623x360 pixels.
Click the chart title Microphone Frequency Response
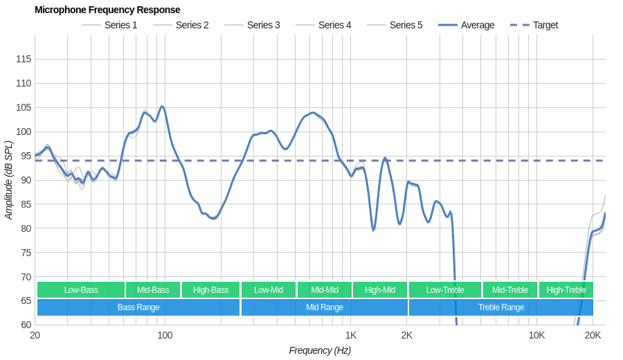(107, 10)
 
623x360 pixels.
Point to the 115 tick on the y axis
(24, 59)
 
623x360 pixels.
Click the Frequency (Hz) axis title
(320, 350)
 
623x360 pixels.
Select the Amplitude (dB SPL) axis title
(8, 180)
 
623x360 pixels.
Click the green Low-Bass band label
(81, 290)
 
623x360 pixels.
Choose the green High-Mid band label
(380, 290)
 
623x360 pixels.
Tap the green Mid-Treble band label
(510, 290)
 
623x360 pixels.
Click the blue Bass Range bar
(138, 307)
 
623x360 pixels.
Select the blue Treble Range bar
(501, 307)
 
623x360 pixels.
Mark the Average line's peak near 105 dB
(162, 107)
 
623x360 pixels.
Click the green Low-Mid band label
(269, 290)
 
